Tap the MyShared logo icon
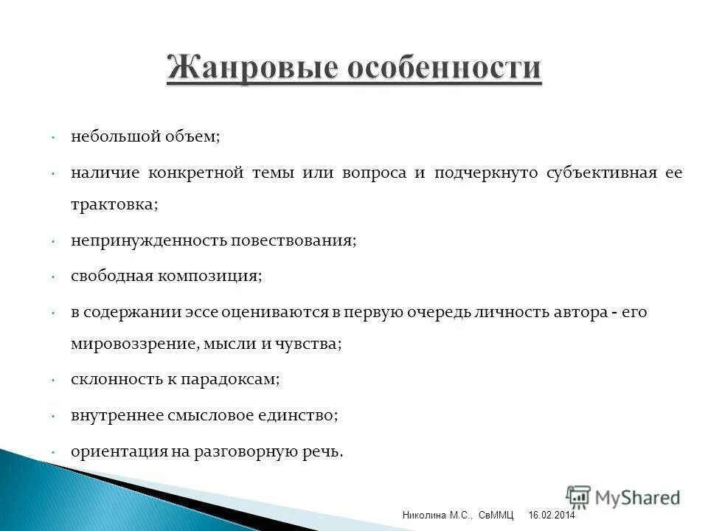578,497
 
